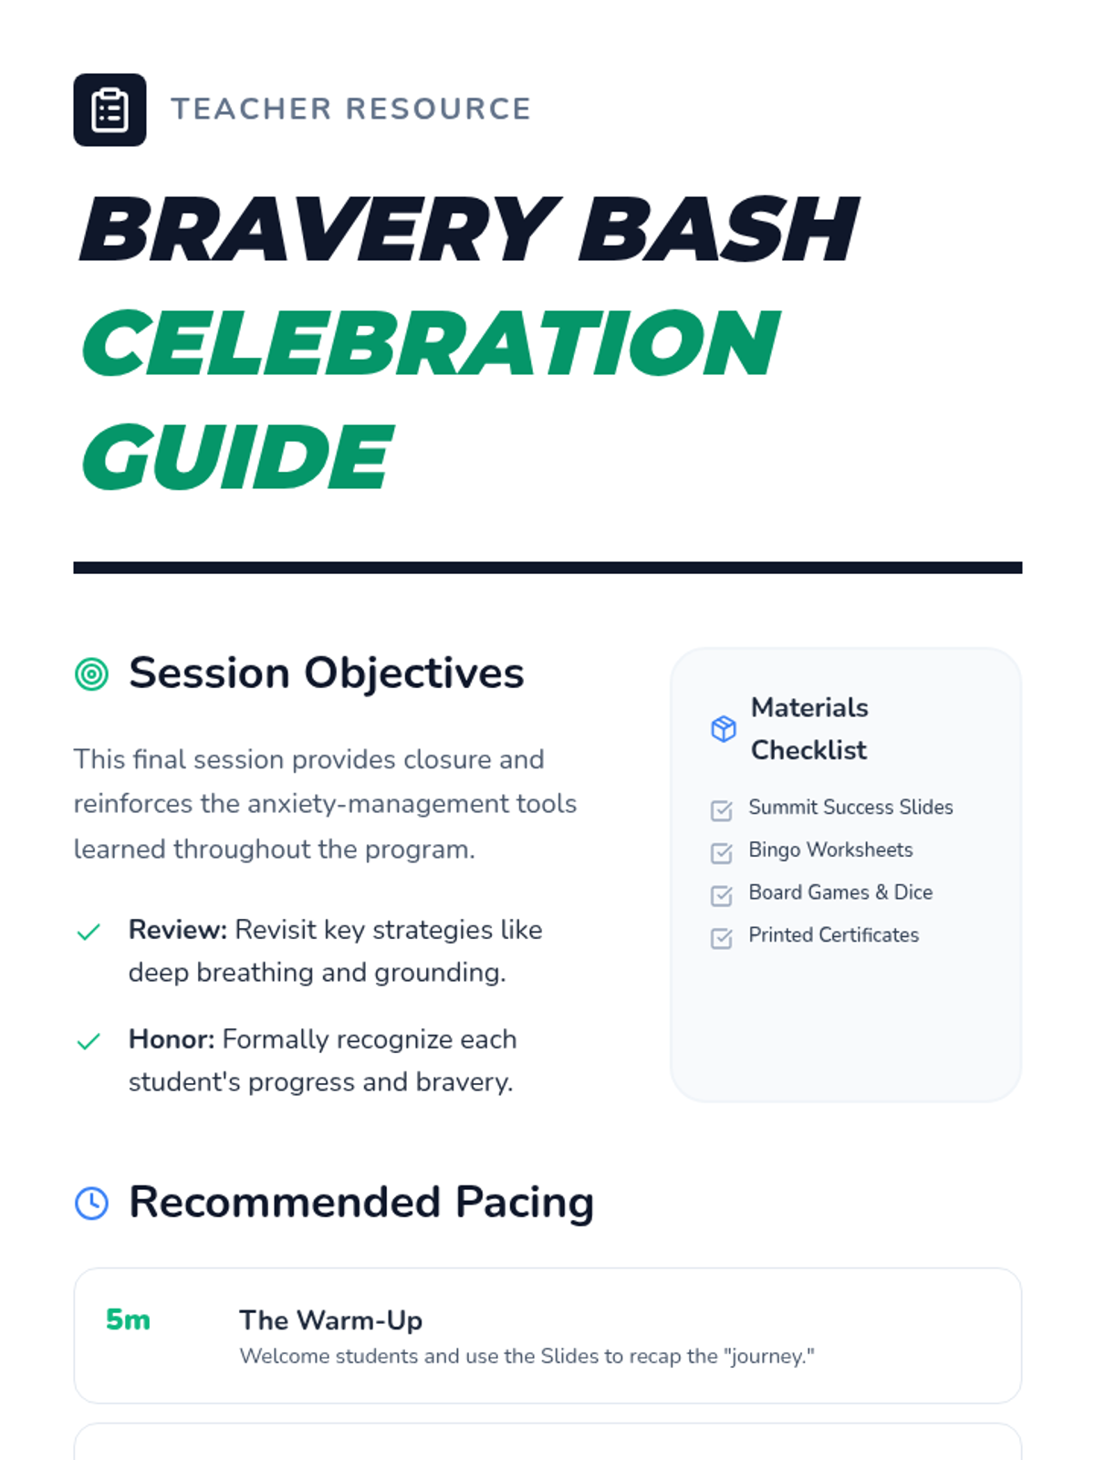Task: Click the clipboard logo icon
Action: click(109, 109)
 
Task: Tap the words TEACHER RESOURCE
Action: click(351, 109)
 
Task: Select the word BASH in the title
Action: click(719, 229)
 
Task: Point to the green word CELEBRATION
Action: click(431, 343)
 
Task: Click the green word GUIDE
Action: click(238, 457)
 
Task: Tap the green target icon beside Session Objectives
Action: click(92, 673)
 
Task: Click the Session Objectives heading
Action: click(327, 673)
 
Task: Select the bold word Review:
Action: click(178, 930)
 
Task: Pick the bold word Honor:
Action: click(172, 1039)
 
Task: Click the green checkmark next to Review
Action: click(89, 932)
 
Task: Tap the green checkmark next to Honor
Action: click(89, 1041)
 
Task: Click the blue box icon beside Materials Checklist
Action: click(724, 729)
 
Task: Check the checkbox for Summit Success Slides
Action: click(722, 810)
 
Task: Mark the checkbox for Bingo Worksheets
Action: click(722, 852)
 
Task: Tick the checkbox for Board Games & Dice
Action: click(722, 895)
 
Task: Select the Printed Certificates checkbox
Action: click(722, 938)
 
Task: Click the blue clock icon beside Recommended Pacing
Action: click(92, 1204)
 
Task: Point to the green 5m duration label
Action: click(128, 1319)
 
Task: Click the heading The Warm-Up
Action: click(331, 1320)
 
